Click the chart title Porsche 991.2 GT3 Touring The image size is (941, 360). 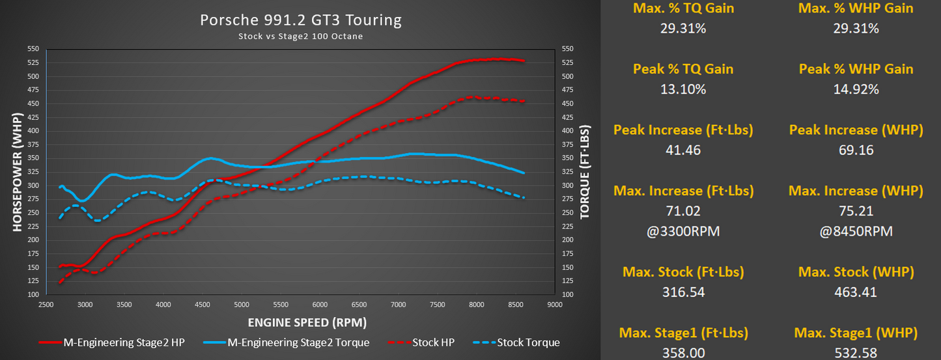point(300,20)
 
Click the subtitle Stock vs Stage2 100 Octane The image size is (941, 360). point(300,36)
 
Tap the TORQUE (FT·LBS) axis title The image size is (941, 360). point(585,171)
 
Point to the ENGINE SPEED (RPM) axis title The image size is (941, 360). point(307,322)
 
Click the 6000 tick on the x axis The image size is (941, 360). point(319,304)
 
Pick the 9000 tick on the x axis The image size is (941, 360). point(555,304)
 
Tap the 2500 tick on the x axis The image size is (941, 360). point(45,304)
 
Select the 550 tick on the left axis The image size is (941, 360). point(33,49)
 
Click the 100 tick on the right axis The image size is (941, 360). point(567,294)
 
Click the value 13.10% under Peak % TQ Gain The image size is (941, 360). point(683,89)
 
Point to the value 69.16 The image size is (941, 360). point(856,150)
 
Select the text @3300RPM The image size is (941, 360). point(683,231)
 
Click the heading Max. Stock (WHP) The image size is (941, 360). point(856,271)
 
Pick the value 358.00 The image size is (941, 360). point(683,353)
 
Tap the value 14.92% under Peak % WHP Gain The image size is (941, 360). point(856,89)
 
